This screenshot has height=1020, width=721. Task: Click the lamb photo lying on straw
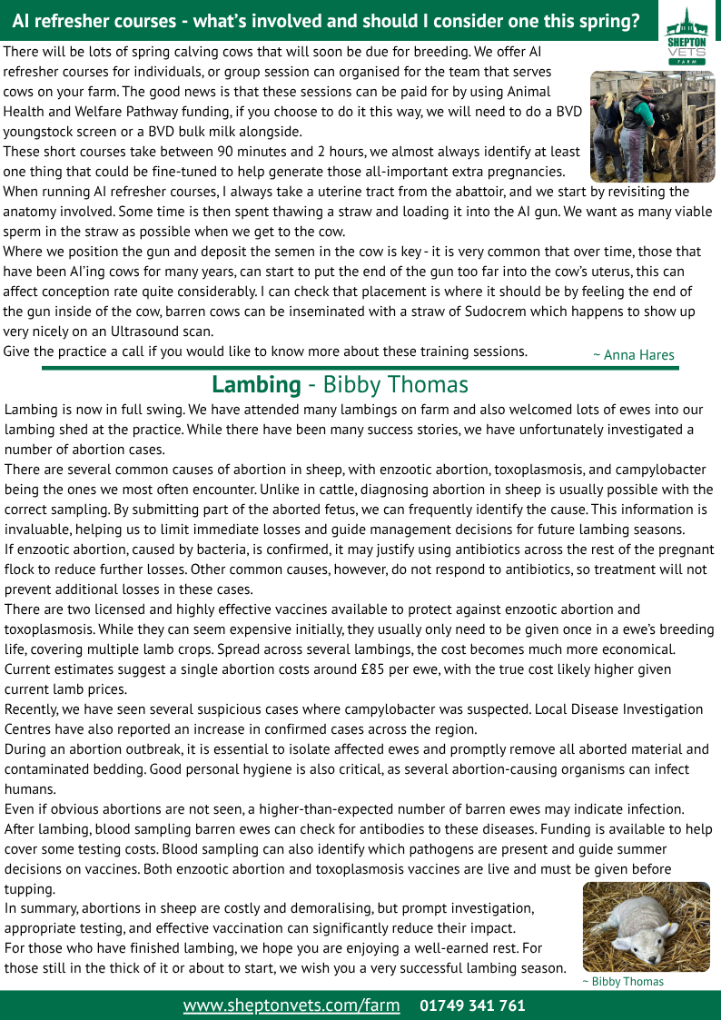point(646,926)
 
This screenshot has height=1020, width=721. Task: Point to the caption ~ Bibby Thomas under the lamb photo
point(622,982)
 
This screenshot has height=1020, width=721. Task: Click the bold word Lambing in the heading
point(256,385)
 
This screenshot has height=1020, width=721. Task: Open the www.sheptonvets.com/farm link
point(291,1005)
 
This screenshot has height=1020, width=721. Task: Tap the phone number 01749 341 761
point(472,1005)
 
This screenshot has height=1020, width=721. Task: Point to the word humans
point(30,789)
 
